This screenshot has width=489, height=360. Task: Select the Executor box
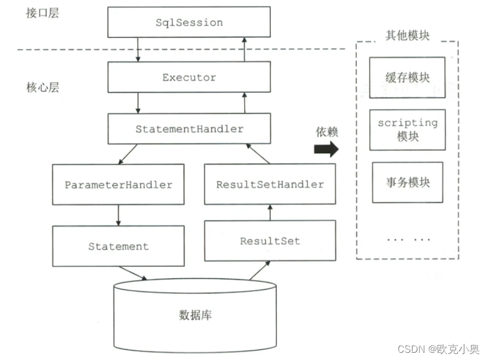[x=189, y=78]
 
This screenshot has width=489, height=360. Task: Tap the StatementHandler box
[x=189, y=129]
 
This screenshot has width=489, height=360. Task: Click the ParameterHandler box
[x=118, y=185]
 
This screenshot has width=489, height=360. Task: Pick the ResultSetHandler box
[x=269, y=185]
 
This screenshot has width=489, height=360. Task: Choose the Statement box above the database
[x=118, y=246]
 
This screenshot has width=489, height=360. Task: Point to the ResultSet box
[x=269, y=241]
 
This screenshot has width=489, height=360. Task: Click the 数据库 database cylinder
[x=195, y=315]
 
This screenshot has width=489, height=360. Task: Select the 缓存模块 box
[x=407, y=78]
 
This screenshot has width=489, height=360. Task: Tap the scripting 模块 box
[x=407, y=129]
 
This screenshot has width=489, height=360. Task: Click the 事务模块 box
[x=407, y=182]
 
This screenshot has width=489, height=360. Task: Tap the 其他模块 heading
[x=407, y=35]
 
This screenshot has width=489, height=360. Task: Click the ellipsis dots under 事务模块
[x=407, y=239]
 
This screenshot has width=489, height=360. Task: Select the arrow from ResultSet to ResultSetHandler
[x=269, y=212]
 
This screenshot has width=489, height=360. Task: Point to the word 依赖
[x=327, y=132]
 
